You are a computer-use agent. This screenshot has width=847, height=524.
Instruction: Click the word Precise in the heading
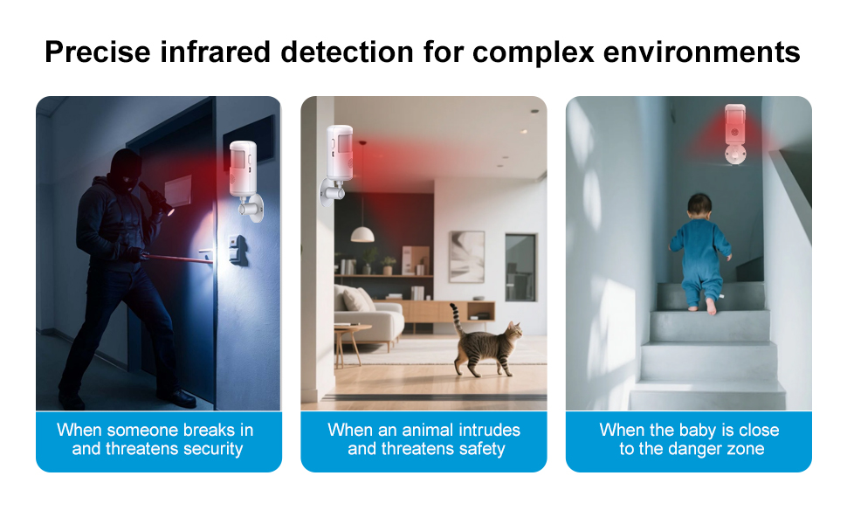point(95,52)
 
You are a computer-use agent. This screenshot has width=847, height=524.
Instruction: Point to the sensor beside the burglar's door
point(243,170)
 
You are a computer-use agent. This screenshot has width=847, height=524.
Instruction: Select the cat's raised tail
point(456,320)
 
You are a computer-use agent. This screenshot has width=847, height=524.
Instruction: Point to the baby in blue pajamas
point(699,253)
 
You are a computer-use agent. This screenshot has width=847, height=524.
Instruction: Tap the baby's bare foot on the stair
point(711,306)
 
